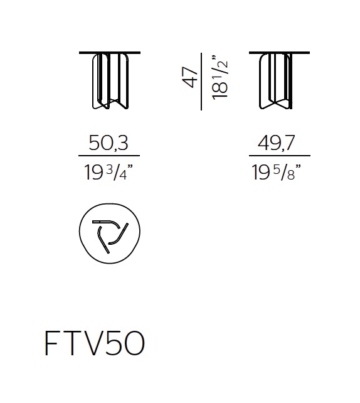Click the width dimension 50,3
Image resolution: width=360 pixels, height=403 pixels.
pyautogui.click(x=109, y=144)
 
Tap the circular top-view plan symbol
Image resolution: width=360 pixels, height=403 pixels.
pyautogui.click(x=110, y=232)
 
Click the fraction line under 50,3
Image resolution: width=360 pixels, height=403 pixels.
pyautogui.click(x=109, y=156)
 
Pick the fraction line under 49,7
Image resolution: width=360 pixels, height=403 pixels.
pyautogui.click(x=279, y=156)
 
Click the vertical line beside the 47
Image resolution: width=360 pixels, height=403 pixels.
pyautogui.click(x=202, y=81)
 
